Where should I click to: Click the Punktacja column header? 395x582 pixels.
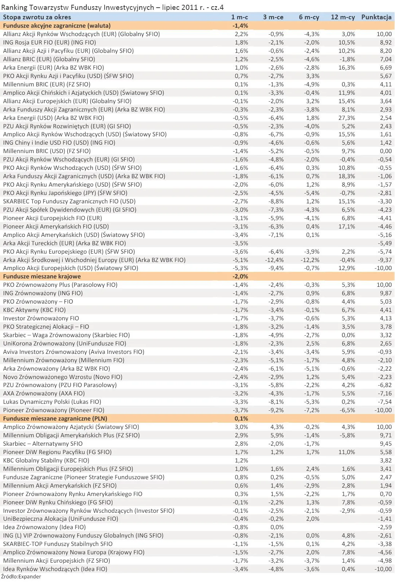tap(376, 17)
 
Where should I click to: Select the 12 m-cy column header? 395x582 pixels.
tap(343, 17)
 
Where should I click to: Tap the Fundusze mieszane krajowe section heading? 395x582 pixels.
tap(42, 276)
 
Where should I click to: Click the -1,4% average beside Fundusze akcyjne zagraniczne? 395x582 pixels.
tap(240, 26)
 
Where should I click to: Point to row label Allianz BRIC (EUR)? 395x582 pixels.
tap(49, 59)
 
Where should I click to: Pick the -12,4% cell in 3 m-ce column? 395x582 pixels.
tap(274, 260)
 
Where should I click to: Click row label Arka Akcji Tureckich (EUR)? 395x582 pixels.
tap(64, 243)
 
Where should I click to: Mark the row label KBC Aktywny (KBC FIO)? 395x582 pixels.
tap(34, 310)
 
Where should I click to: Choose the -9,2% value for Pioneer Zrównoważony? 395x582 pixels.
tap(276, 410)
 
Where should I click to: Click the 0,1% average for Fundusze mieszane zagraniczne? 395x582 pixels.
tap(241, 418)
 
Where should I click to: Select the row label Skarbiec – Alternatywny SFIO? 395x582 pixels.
tap(43, 444)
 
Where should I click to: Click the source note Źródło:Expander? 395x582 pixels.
tap(21, 577)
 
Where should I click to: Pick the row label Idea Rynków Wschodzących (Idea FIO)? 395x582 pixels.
tap(55, 569)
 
